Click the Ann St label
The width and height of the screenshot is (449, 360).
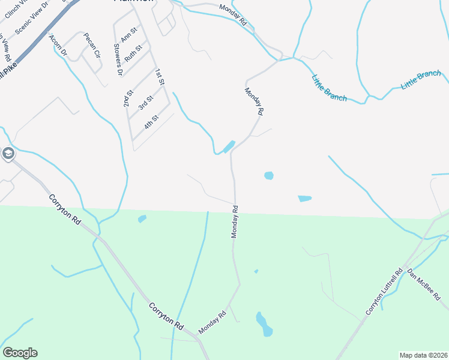(130, 34)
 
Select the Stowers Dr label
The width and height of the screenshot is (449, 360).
(118, 60)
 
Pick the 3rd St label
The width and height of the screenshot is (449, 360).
(145, 103)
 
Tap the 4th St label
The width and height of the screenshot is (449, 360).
(151, 122)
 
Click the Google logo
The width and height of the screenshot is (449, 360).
(20, 353)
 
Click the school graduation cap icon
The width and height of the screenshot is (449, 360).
(8, 154)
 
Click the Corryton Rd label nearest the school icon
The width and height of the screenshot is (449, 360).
(65, 209)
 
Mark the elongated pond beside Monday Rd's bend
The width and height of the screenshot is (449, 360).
(228, 147)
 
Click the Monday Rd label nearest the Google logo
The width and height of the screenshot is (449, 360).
(212, 322)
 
